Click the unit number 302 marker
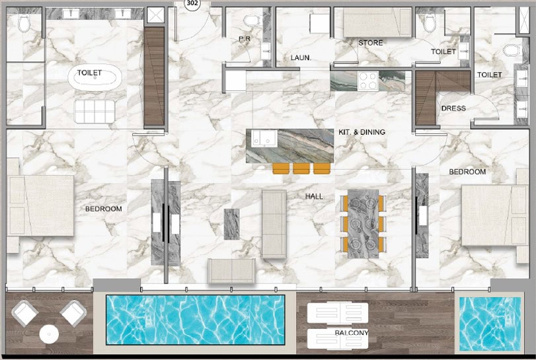[x=192, y=3]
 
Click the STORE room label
[x=371, y=43]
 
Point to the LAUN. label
[x=301, y=57]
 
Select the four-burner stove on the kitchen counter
[x=368, y=81]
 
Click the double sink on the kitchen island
[x=264, y=139]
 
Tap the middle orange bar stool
[x=301, y=168]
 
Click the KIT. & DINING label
[x=362, y=132]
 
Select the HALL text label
[x=314, y=196]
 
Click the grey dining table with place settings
[x=363, y=224]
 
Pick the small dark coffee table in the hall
[x=231, y=224]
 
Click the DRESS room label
[x=453, y=108]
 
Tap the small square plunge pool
[x=490, y=324]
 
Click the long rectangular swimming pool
[x=195, y=319]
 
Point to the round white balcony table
[x=49, y=334]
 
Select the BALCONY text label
[x=352, y=332]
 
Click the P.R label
[x=245, y=39]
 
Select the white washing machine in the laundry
[x=320, y=24]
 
